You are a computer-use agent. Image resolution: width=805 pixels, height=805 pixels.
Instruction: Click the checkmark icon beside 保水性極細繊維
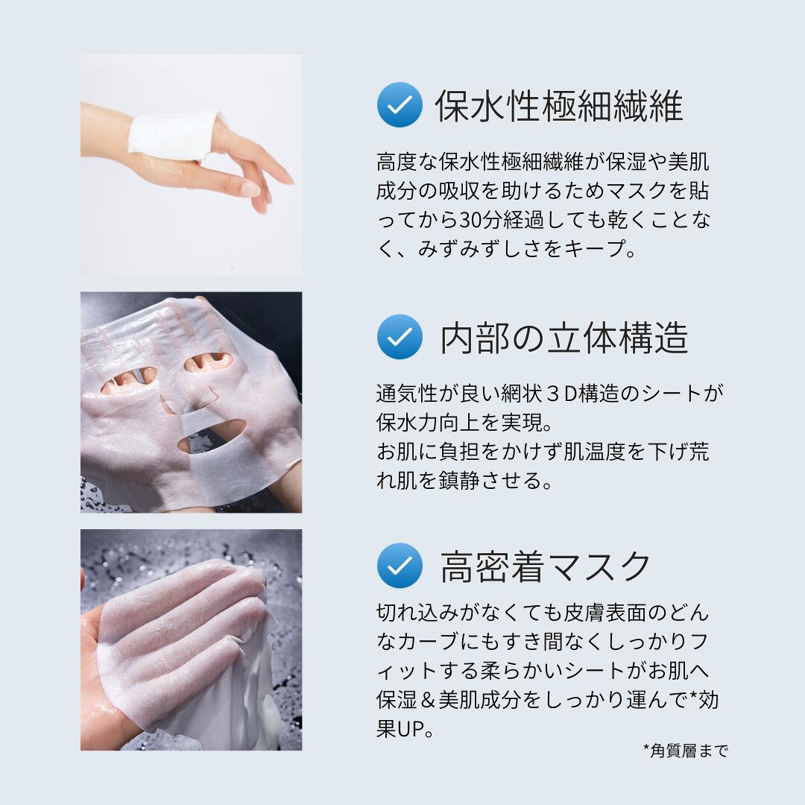pos(400,105)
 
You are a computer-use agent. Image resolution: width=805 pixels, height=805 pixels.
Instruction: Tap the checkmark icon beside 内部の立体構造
pos(400,337)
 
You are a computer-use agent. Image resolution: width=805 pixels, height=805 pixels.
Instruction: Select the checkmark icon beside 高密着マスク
pos(400,565)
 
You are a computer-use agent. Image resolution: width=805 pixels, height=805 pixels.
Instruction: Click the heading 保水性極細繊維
pos(558,106)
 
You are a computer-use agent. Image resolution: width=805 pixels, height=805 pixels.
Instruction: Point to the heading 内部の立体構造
pos(563,338)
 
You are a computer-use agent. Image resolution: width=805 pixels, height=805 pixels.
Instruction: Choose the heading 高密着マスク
pos(545,566)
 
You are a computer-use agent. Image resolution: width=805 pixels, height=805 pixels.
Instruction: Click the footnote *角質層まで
pos(686,751)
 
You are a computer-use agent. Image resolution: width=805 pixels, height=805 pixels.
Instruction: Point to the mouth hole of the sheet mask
pos(212,435)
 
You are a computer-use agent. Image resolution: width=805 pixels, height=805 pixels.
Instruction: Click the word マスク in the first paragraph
pos(636,191)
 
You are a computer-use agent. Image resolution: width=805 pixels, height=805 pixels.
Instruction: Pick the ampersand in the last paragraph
pos(428,700)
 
